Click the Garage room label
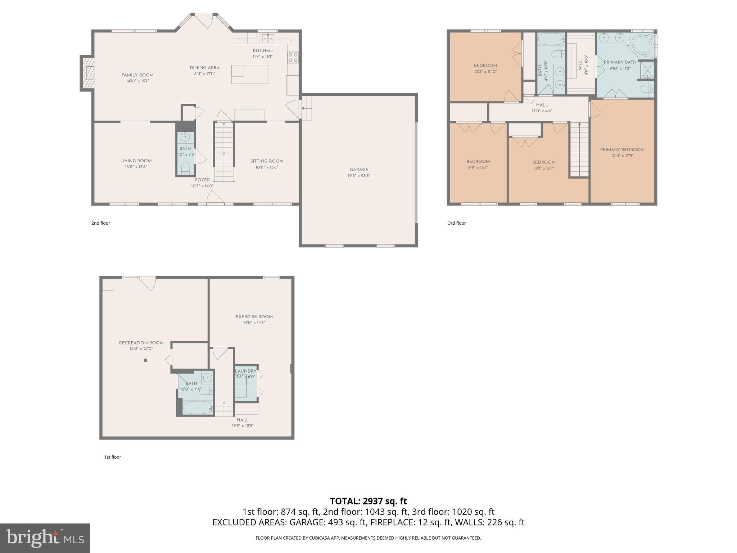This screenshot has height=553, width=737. click(359, 170)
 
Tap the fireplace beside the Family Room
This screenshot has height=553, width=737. click(87, 73)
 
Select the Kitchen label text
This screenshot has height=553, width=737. click(262, 50)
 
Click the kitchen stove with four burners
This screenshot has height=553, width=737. click(293, 58)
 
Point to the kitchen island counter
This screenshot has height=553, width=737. click(250, 74)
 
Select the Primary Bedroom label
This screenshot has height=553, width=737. click(622, 150)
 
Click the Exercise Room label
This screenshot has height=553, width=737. click(254, 317)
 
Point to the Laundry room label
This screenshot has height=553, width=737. click(245, 371)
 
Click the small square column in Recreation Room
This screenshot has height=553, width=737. click(146, 360)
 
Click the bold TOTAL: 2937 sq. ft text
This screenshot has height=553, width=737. click(368, 501)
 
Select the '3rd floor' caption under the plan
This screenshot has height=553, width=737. click(457, 223)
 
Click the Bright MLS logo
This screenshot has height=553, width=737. click(45, 538)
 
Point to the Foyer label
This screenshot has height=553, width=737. click(202, 180)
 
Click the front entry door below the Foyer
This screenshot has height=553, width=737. click(215, 198)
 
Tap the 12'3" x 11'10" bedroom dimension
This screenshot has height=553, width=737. click(485, 71)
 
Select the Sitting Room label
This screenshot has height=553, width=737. click(267, 161)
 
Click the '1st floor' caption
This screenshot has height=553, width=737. click(113, 457)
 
